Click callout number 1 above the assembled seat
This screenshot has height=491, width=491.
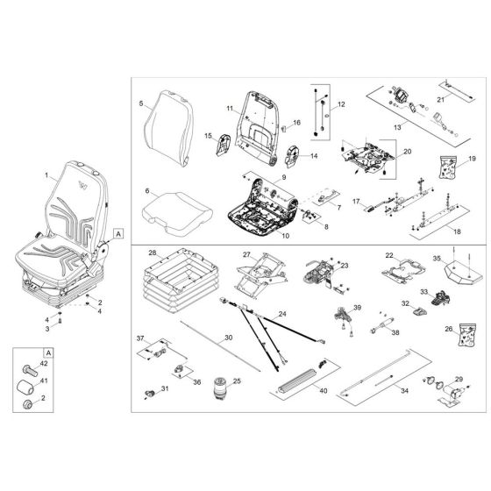coord(46,175)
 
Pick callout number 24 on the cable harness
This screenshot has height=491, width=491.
coord(282,313)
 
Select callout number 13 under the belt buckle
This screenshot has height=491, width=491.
coord(397,127)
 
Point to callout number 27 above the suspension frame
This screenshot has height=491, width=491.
coord(247,253)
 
